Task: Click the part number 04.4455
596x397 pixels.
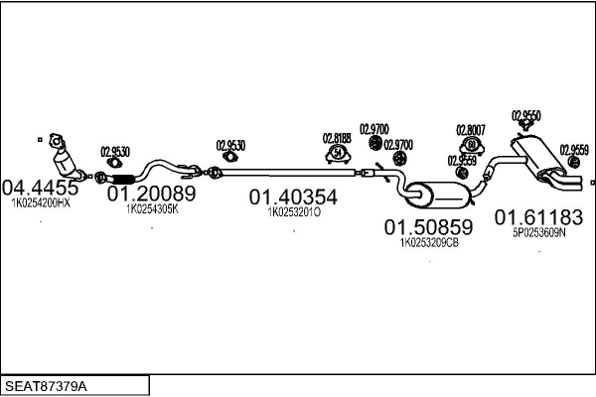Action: pos(40,188)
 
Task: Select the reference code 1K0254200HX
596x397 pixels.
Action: pos(41,202)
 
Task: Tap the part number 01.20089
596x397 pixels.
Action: pos(151,194)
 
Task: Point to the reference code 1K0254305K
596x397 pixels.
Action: pos(151,209)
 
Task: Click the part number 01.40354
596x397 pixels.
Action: pos(293,197)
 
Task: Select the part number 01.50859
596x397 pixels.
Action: pos(429,226)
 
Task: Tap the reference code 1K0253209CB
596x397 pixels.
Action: pos(429,241)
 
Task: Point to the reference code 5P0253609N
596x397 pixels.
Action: pos(538,232)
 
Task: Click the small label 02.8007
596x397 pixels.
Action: pos(471,130)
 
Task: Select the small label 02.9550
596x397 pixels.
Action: pos(526,115)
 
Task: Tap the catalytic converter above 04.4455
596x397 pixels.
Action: pos(64,158)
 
